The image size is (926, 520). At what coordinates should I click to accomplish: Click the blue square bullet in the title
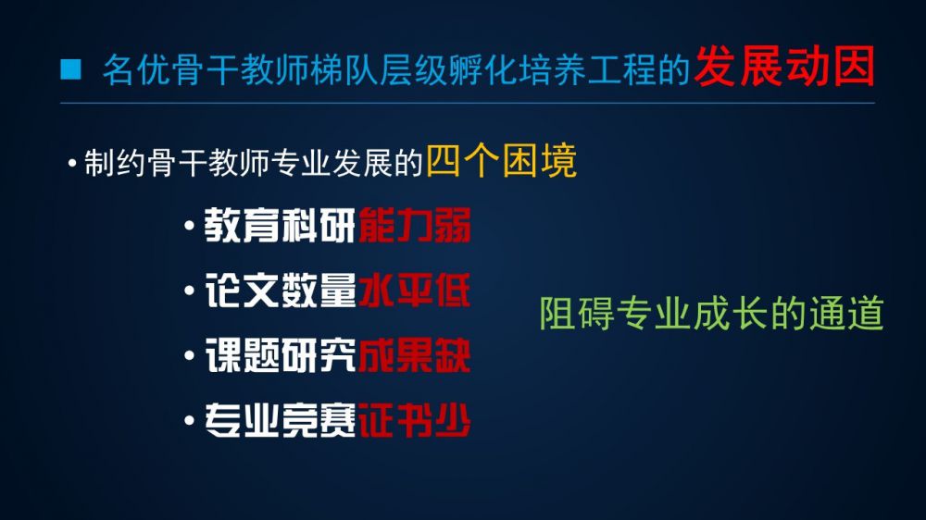click(70, 68)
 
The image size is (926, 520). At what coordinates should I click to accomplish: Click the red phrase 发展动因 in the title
click(785, 67)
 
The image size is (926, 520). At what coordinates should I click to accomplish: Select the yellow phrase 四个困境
click(501, 161)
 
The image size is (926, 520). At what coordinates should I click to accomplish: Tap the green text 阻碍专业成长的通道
click(711, 313)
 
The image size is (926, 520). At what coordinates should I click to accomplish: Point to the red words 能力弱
click(415, 225)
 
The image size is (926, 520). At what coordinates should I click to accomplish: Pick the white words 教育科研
click(280, 225)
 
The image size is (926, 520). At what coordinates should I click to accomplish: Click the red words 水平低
click(415, 290)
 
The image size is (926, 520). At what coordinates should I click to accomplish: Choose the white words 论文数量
click(280, 290)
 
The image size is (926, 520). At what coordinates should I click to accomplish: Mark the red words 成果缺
click(415, 355)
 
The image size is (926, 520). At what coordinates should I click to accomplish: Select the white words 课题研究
click(280, 355)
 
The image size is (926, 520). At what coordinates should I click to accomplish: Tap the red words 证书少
click(415, 420)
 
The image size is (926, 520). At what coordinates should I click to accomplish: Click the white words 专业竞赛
click(280, 420)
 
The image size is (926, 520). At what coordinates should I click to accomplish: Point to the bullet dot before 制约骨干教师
click(72, 162)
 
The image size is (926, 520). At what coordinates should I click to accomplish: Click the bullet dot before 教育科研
click(190, 225)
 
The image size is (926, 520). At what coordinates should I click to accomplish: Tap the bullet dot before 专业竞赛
click(190, 420)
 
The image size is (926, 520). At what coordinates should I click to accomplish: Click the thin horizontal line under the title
click(467, 104)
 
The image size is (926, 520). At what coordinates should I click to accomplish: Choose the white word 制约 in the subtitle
click(115, 162)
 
